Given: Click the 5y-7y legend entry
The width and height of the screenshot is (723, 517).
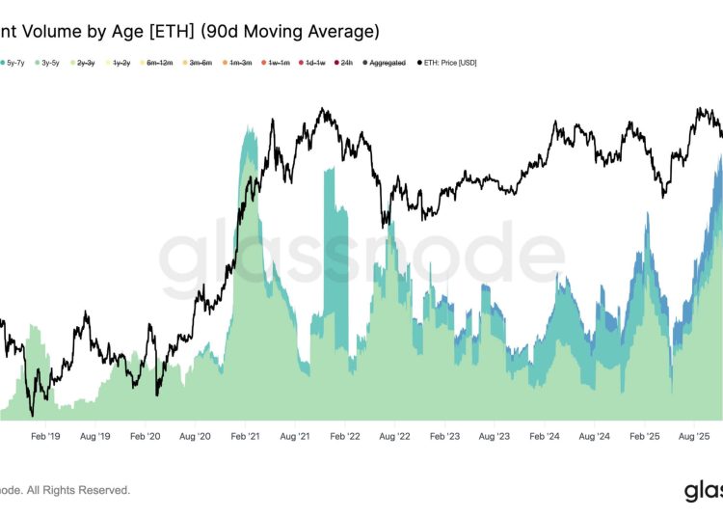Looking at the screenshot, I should (x=16, y=63).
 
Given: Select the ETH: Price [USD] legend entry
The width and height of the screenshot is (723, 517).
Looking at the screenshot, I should (x=449, y=63).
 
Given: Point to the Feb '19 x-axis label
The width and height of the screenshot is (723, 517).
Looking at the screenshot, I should (x=44, y=436).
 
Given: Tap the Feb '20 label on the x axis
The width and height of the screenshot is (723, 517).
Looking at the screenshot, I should (x=145, y=436).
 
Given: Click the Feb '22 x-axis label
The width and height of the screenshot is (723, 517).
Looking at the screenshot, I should (x=344, y=436).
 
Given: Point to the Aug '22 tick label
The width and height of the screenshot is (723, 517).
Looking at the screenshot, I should (x=394, y=436).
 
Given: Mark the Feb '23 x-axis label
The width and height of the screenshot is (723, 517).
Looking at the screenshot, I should (x=444, y=436).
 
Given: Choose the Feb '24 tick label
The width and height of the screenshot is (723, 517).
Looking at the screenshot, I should (x=545, y=436).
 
